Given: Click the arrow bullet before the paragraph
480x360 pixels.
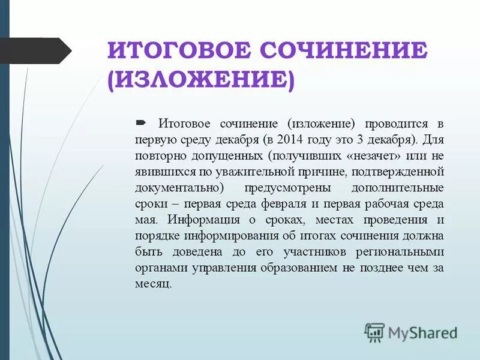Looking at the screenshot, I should tap(142, 122).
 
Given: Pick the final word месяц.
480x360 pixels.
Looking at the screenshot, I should tap(153, 284).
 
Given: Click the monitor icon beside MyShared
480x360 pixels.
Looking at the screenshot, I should tap(375, 332).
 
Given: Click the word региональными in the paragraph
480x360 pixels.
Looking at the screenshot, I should tap(405, 252).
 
